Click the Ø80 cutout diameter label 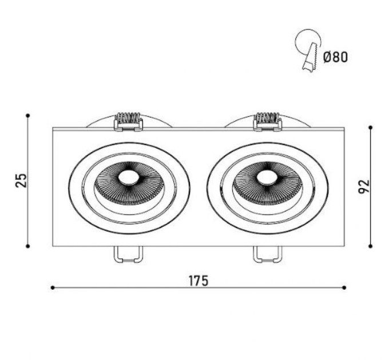(335, 57)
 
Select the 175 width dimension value (199, 281)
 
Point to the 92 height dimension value (364, 186)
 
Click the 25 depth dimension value (21, 181)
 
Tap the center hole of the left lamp (129, 177)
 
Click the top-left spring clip (128, 122)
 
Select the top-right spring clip (267, 122)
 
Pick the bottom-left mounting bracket (128, 254)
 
